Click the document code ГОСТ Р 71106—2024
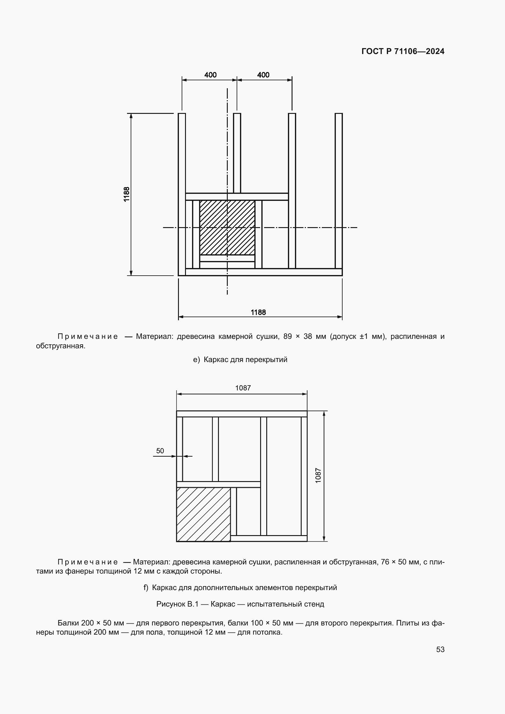tap(403, 51)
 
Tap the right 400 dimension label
tap(263, 75)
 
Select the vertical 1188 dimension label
tap(127, 194)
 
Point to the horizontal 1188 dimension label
tap(258, 312)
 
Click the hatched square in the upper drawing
tap(227, 228)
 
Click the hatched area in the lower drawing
tap(203, 514)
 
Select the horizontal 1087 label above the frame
tap(242, 388)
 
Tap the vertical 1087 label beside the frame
tap(318, 476)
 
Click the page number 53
tap(440, 649)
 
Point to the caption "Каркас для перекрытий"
tap(245, 360)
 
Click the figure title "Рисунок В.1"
tap(177, 604)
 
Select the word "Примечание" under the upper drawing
tap(88, 336)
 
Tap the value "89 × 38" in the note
tap(298, 336)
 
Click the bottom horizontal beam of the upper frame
tap(263, 272)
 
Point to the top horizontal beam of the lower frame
tap(242, 414)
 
